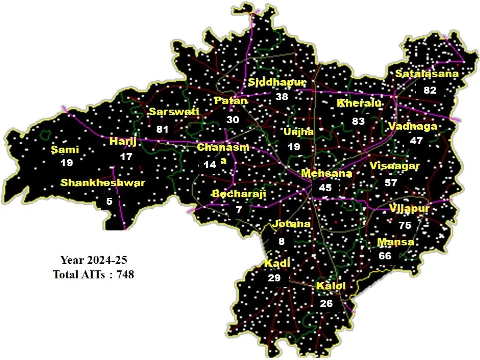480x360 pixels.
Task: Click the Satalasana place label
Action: coord(426,74)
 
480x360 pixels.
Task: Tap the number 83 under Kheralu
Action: coord(358,121)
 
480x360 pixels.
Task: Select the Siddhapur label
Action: coord(277,82)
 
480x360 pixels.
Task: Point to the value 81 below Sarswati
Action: coord(162,129)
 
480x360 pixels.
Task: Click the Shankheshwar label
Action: coord(103,183)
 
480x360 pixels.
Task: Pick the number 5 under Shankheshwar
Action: coord(109,201)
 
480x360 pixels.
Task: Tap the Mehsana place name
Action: coord(326,173)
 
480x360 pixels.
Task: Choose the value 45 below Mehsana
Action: coord(325,188)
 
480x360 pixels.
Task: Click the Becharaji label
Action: coord(239,194)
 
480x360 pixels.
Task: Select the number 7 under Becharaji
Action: coord(239,210)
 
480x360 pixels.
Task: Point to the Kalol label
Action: coord(331,286)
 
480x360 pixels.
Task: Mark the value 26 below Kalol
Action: coord(326,303)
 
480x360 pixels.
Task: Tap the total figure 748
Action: coord(125,274)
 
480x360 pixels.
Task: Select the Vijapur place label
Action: coord(409,208)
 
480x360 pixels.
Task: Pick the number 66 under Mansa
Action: coord(385,256)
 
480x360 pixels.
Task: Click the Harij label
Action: coord(123,142)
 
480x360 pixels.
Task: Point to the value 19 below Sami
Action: coord(67,163)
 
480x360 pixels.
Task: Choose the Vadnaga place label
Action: coord(412,126)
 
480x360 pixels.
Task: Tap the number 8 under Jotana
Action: coord(281,241)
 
